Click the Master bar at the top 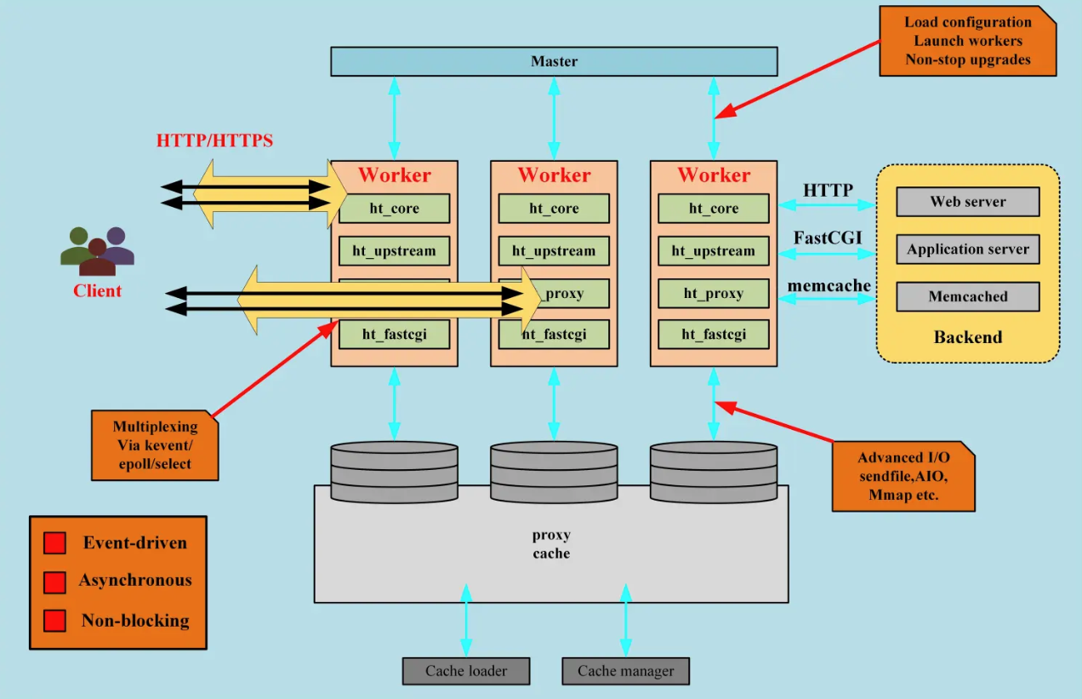click(x=554, y=61)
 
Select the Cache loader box click(x=466, y=671)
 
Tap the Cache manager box click(x=625, y=671)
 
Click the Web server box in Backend click(x=967, y=202)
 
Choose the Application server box click(x=967, y=249)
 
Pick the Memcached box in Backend click(x=967, y=296)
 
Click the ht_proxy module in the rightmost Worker click(x=713, y=294)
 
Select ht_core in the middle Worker click(x=554, y=209)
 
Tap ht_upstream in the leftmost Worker click(x=394, y=251)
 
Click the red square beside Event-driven click(x=54, y=543)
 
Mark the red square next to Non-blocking click(x=54, y=621)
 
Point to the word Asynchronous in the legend click(x=135, y=581)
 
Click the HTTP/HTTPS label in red click(x=214, y=140)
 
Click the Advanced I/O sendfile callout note click(x=903, y=476)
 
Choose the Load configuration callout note click(x=967, y=41)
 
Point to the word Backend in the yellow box click(x=967, y=337)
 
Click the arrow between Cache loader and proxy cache click(x=466, y=621)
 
